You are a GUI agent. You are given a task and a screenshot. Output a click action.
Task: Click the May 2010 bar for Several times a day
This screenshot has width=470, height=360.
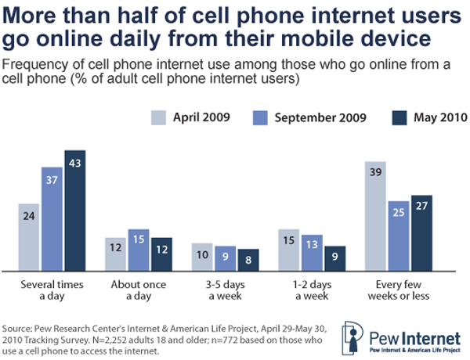(75, 210)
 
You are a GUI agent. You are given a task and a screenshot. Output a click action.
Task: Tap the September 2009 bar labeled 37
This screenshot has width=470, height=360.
(52, 218)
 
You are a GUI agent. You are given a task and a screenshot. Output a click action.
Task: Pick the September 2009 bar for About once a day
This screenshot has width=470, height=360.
(117, 250)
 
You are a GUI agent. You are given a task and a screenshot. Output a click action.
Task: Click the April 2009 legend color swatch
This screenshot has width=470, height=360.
(160, 118)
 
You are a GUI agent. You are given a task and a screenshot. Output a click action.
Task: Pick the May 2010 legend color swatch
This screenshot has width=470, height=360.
(398, 118)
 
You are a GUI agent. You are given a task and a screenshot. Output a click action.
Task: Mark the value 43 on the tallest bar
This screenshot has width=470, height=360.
(75, 162)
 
